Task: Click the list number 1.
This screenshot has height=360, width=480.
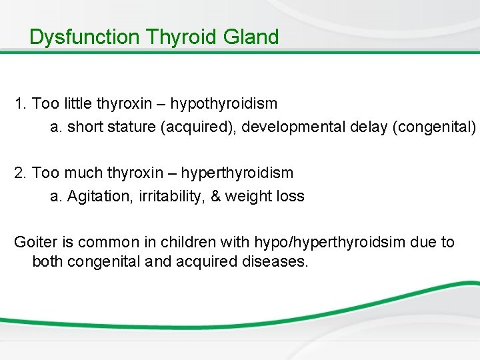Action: (19, 105)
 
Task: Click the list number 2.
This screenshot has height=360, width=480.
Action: (19, 173)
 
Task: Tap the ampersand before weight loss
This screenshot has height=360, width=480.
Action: (215, 196)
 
